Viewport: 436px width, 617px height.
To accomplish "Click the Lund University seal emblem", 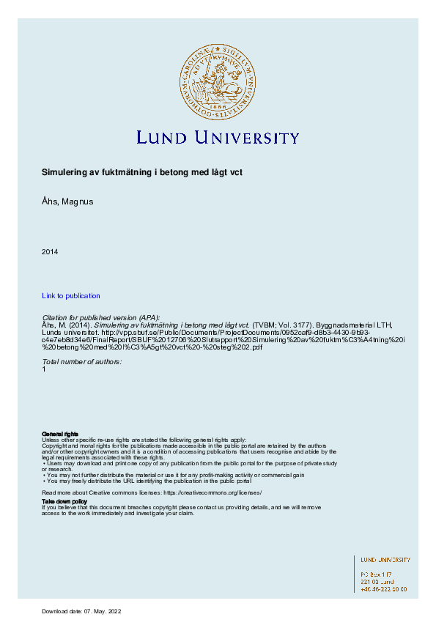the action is (x=218, y=81).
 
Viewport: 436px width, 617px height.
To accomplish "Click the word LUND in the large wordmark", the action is (x=162, y=138).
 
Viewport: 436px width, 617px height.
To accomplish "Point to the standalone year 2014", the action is (x=50, y=252).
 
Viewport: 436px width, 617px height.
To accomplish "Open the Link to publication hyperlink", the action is (x=71, y=295).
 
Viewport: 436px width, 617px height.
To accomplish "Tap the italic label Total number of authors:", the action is (x=82, y=362).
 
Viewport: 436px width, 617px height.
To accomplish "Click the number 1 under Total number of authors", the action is (x=44, y=369).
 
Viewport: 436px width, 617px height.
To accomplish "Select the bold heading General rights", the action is (x=60, y=434).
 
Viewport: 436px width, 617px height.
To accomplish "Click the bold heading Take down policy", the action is (x=64, y=501).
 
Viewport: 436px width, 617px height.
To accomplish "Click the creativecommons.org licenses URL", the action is (x=212, y=493).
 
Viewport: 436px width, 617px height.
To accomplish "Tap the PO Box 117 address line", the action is (x=377, y=574).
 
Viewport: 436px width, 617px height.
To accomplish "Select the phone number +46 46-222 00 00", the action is (x=384, y=588).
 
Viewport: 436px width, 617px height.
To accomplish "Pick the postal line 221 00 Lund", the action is (x=377, y=581).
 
